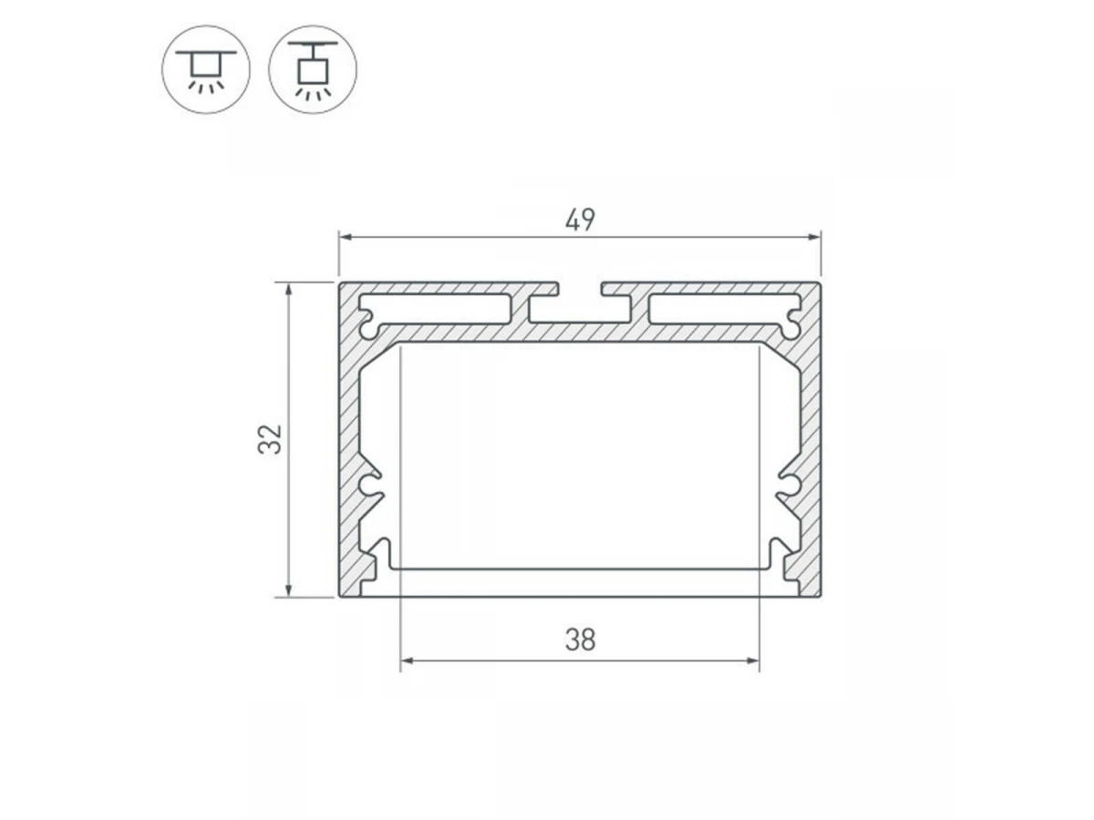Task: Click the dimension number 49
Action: tap(579, 220)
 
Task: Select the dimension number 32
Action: tap(270, 439)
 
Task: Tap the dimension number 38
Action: tap(580, 640)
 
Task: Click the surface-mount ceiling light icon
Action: tap(205, 69)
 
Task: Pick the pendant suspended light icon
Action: tap(313, 69)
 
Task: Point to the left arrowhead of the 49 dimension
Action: tap(346, 237)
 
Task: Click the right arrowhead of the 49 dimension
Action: tap(813, 237)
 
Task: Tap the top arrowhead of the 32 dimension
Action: tap(288, 290)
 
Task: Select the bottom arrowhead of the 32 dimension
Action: tap(288, 589)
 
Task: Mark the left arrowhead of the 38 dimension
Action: tap(408, 661)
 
